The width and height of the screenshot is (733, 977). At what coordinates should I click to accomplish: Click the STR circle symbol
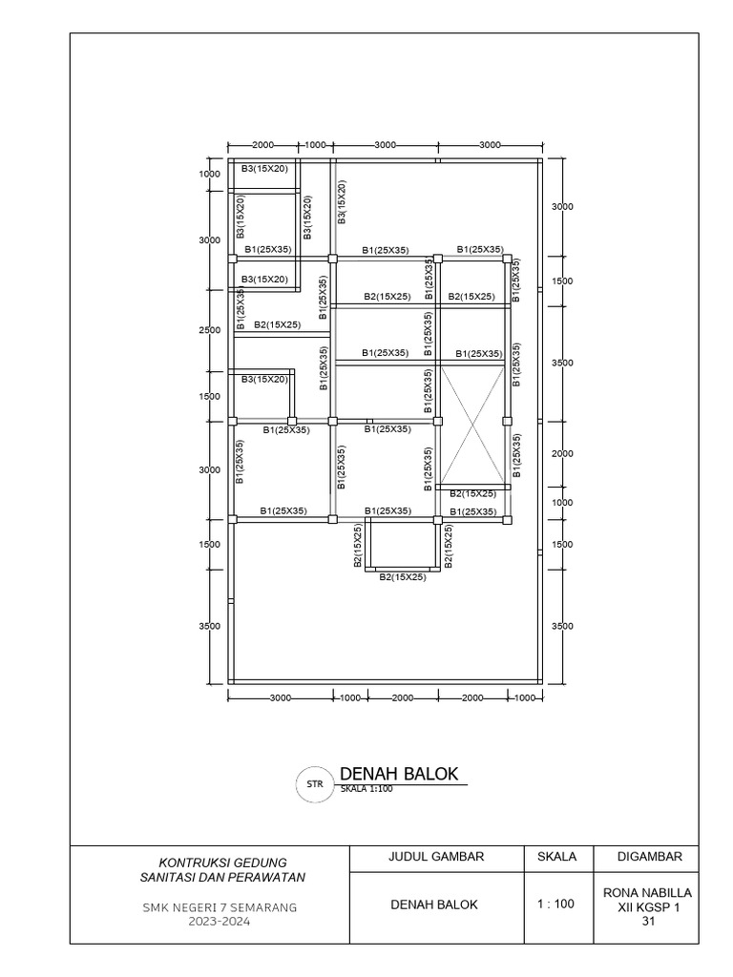click(314, 784)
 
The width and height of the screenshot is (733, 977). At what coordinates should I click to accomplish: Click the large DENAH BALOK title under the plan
click(400, 773)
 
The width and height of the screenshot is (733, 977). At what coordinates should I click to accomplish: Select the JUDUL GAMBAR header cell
click(437, 856)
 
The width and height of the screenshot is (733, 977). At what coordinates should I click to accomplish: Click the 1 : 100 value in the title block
click(557, 904)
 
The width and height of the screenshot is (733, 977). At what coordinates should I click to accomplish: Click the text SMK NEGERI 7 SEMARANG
click(215, 908)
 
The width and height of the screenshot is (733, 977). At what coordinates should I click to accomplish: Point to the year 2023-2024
click(215, 923)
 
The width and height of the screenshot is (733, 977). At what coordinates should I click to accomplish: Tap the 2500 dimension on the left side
click(210, 330)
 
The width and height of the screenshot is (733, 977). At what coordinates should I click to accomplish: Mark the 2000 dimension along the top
click(262, 145)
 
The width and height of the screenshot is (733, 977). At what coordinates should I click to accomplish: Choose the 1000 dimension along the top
click(315, 145)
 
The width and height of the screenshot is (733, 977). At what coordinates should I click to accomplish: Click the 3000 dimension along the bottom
click(280, 698)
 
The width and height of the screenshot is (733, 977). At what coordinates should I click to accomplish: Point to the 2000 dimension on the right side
click(562, 454)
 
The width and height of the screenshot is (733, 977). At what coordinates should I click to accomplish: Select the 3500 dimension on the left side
click(210, 626)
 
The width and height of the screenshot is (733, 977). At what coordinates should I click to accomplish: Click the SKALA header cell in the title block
click(557, 856)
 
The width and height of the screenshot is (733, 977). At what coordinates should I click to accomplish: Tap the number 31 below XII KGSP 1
click(648, 921)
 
